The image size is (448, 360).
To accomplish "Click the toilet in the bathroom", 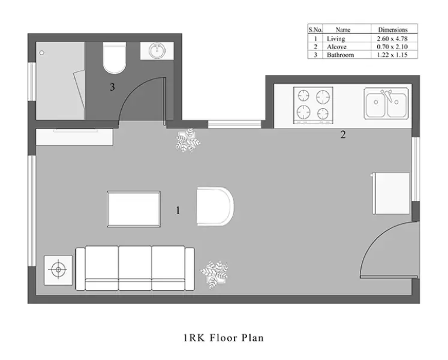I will tap(112, 58).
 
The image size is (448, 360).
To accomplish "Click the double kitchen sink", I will tap(387, 105).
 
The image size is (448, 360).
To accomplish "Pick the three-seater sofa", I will tap(135, 267).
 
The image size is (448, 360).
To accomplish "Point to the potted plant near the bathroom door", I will tap(188, 140).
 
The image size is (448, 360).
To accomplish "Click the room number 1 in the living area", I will tap(178, 210).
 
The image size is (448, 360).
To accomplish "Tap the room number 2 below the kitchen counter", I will tap(343, 135).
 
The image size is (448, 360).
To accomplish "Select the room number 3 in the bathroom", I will tap(112, 88).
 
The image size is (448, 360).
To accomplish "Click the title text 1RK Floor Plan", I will tap(224, 338).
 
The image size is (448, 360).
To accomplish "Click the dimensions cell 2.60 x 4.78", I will tap(393, 38).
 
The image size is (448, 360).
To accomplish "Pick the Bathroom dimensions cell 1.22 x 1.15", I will tap(393, 55).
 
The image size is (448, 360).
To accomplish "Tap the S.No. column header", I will tap(315, 29).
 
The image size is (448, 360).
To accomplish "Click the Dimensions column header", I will tap(393, 29).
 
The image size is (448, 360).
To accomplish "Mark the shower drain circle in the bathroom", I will tap(42, 53).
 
